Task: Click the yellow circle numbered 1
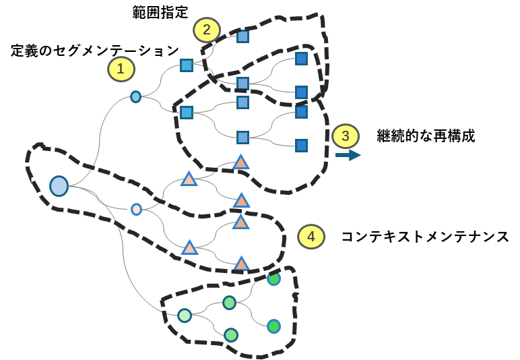(121, 69)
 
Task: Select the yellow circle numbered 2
(207, 30)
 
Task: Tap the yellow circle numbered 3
(346, 136)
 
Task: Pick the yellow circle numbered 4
(311, 237)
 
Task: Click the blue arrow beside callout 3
(348, 155)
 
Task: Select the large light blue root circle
(59, 186)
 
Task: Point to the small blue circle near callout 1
(135, 96)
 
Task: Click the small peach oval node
(136, 209)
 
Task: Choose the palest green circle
(185, 315)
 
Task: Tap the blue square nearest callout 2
(242, 36)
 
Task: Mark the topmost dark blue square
(301, 59)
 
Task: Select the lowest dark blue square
(301, 146)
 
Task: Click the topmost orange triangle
(240, 162)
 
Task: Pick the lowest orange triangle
(241, 264)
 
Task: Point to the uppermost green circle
(273, 278)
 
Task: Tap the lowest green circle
(231, 334)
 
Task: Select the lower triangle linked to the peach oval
(190, 248)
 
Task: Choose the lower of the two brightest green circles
(273, 326)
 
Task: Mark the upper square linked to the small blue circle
(187, 65)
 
